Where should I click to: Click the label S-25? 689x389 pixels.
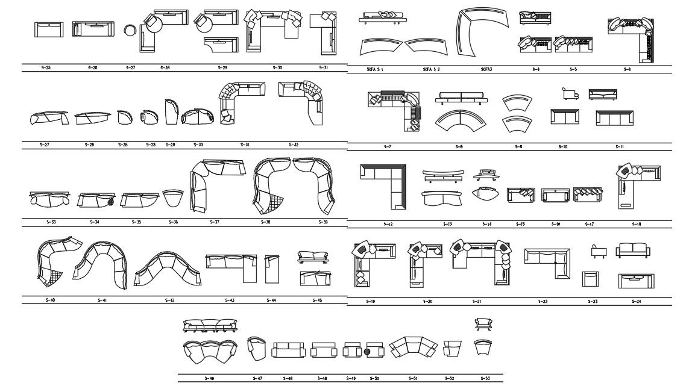pos(46,68)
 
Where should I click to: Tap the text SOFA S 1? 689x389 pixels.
pos(375,70)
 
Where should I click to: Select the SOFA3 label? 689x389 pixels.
pos(486,70)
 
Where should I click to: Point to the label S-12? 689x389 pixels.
pos(388,224)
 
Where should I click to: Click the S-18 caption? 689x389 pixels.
pos(637,224)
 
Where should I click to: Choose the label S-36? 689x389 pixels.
pos(174,222)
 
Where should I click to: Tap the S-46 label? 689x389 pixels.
pos(209,378)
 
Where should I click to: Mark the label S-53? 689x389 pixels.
pos(485,378)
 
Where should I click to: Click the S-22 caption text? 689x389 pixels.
pos(543,301)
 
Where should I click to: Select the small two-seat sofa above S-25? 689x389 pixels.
pos(49,30)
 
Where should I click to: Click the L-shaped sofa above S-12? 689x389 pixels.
pos(384,183)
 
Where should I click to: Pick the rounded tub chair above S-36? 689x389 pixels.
pos(174,198)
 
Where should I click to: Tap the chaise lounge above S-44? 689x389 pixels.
pos(272,268)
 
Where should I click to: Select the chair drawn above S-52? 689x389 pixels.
pos(451,349)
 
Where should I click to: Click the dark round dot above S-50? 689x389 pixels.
pos(367,351)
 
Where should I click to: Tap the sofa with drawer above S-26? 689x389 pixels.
pos(93,30)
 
